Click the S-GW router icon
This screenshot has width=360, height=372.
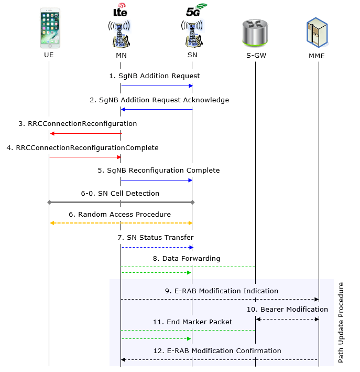tap(255, 33)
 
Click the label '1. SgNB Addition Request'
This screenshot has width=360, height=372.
tap(154, 76)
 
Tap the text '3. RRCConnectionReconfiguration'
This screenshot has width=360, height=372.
tap(78, 124)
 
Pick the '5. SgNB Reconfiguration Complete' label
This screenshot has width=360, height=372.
tap(158, 171)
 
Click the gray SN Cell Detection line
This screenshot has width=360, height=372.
tap(121, 202)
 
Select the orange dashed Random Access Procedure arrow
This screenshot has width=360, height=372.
tap(121, 223)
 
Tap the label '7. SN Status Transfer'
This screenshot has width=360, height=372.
tap(155, 238)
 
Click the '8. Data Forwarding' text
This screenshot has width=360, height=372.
tap(187, 259)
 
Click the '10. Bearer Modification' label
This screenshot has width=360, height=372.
tap(287, 309)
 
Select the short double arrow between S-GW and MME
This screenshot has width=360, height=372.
tap(287, 319)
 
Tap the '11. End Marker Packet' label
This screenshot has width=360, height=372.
tap(193, 322)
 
